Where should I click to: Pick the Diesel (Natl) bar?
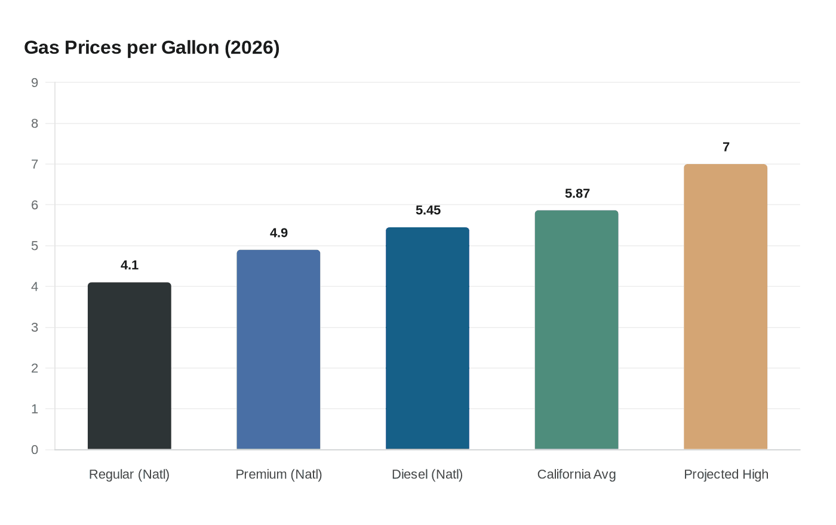428,338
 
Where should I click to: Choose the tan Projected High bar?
726,307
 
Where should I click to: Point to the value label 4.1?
130,265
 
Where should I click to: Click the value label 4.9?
278,233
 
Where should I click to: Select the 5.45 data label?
428,210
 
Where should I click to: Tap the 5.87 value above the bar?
577,193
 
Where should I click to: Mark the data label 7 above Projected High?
726,147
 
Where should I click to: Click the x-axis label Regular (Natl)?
130,474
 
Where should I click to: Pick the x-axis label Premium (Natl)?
278,474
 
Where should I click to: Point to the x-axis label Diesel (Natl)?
428,474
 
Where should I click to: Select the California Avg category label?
576,474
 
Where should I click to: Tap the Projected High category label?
726,474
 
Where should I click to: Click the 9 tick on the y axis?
35,83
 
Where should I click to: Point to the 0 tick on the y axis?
35,450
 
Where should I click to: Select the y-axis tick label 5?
35,246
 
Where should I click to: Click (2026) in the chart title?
252,47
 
